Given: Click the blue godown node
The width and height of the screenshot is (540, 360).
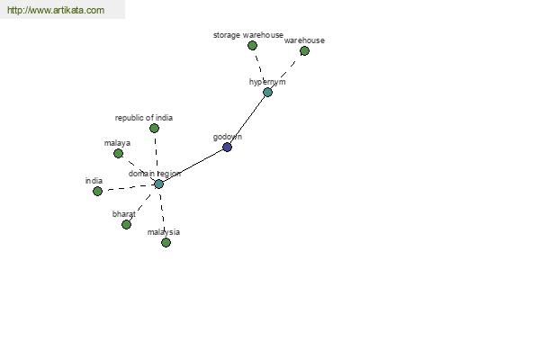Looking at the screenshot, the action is pos(227,147).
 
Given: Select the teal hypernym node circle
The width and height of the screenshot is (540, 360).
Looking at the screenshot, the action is pos(267,93).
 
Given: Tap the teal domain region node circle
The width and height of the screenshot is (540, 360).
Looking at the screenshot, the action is pos(158,184).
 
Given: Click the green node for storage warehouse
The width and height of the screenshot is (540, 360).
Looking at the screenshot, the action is pos(252,46).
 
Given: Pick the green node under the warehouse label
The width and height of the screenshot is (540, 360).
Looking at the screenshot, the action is pos(304,51).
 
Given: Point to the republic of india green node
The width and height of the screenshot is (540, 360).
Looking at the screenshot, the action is pos(154,128).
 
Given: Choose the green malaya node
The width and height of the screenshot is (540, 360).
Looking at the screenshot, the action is pos(118,153).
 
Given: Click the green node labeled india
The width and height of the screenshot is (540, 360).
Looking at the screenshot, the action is pos(97,191).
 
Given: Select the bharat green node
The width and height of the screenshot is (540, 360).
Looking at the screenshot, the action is pos(126,225).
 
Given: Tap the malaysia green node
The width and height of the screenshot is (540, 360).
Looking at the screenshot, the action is pos(166,242).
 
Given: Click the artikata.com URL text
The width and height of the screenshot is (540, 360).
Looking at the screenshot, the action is pos(56,10).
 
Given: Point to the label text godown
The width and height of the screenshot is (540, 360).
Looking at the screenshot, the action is pos(228,137).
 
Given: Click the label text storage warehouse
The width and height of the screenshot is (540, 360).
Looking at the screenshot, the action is pos(248,35).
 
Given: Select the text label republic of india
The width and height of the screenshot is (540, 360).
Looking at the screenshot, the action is pos(144,118).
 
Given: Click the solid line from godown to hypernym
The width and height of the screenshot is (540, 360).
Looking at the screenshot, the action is pos(248,119).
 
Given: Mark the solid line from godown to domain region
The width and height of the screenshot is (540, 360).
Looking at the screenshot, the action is pos(193,166).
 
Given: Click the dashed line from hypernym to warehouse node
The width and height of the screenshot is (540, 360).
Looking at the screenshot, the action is pos(286,71).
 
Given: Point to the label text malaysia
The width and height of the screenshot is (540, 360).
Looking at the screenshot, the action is pos(164,232).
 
